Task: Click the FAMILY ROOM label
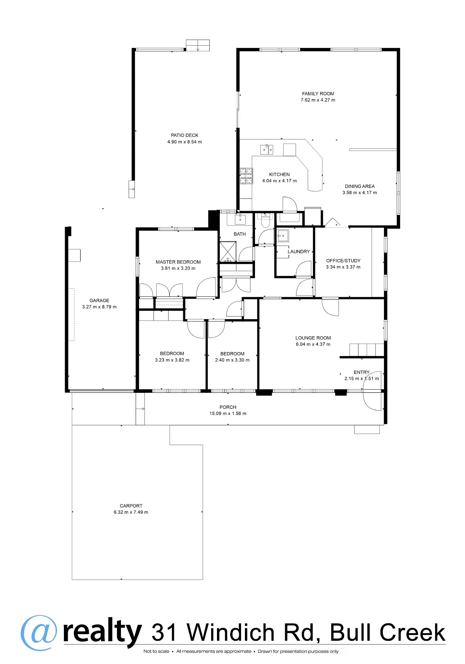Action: (318, 94)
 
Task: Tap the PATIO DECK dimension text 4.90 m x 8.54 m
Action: (184, 142)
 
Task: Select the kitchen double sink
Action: (267, 150)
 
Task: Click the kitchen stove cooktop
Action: (246, 176)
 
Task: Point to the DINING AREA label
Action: (360, 186)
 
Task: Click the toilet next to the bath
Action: (264, 220)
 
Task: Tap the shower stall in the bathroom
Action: (228, 252)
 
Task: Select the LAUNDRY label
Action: (299, 251)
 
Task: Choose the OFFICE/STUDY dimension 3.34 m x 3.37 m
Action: (343, 267)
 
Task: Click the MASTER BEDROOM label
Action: (178, 262)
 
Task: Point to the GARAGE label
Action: (99, 300)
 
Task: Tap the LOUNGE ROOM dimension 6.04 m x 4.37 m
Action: (313, 344)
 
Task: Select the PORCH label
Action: (228, 407)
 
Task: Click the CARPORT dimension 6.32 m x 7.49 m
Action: (131, 512)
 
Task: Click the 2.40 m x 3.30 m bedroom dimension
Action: (232, 360)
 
